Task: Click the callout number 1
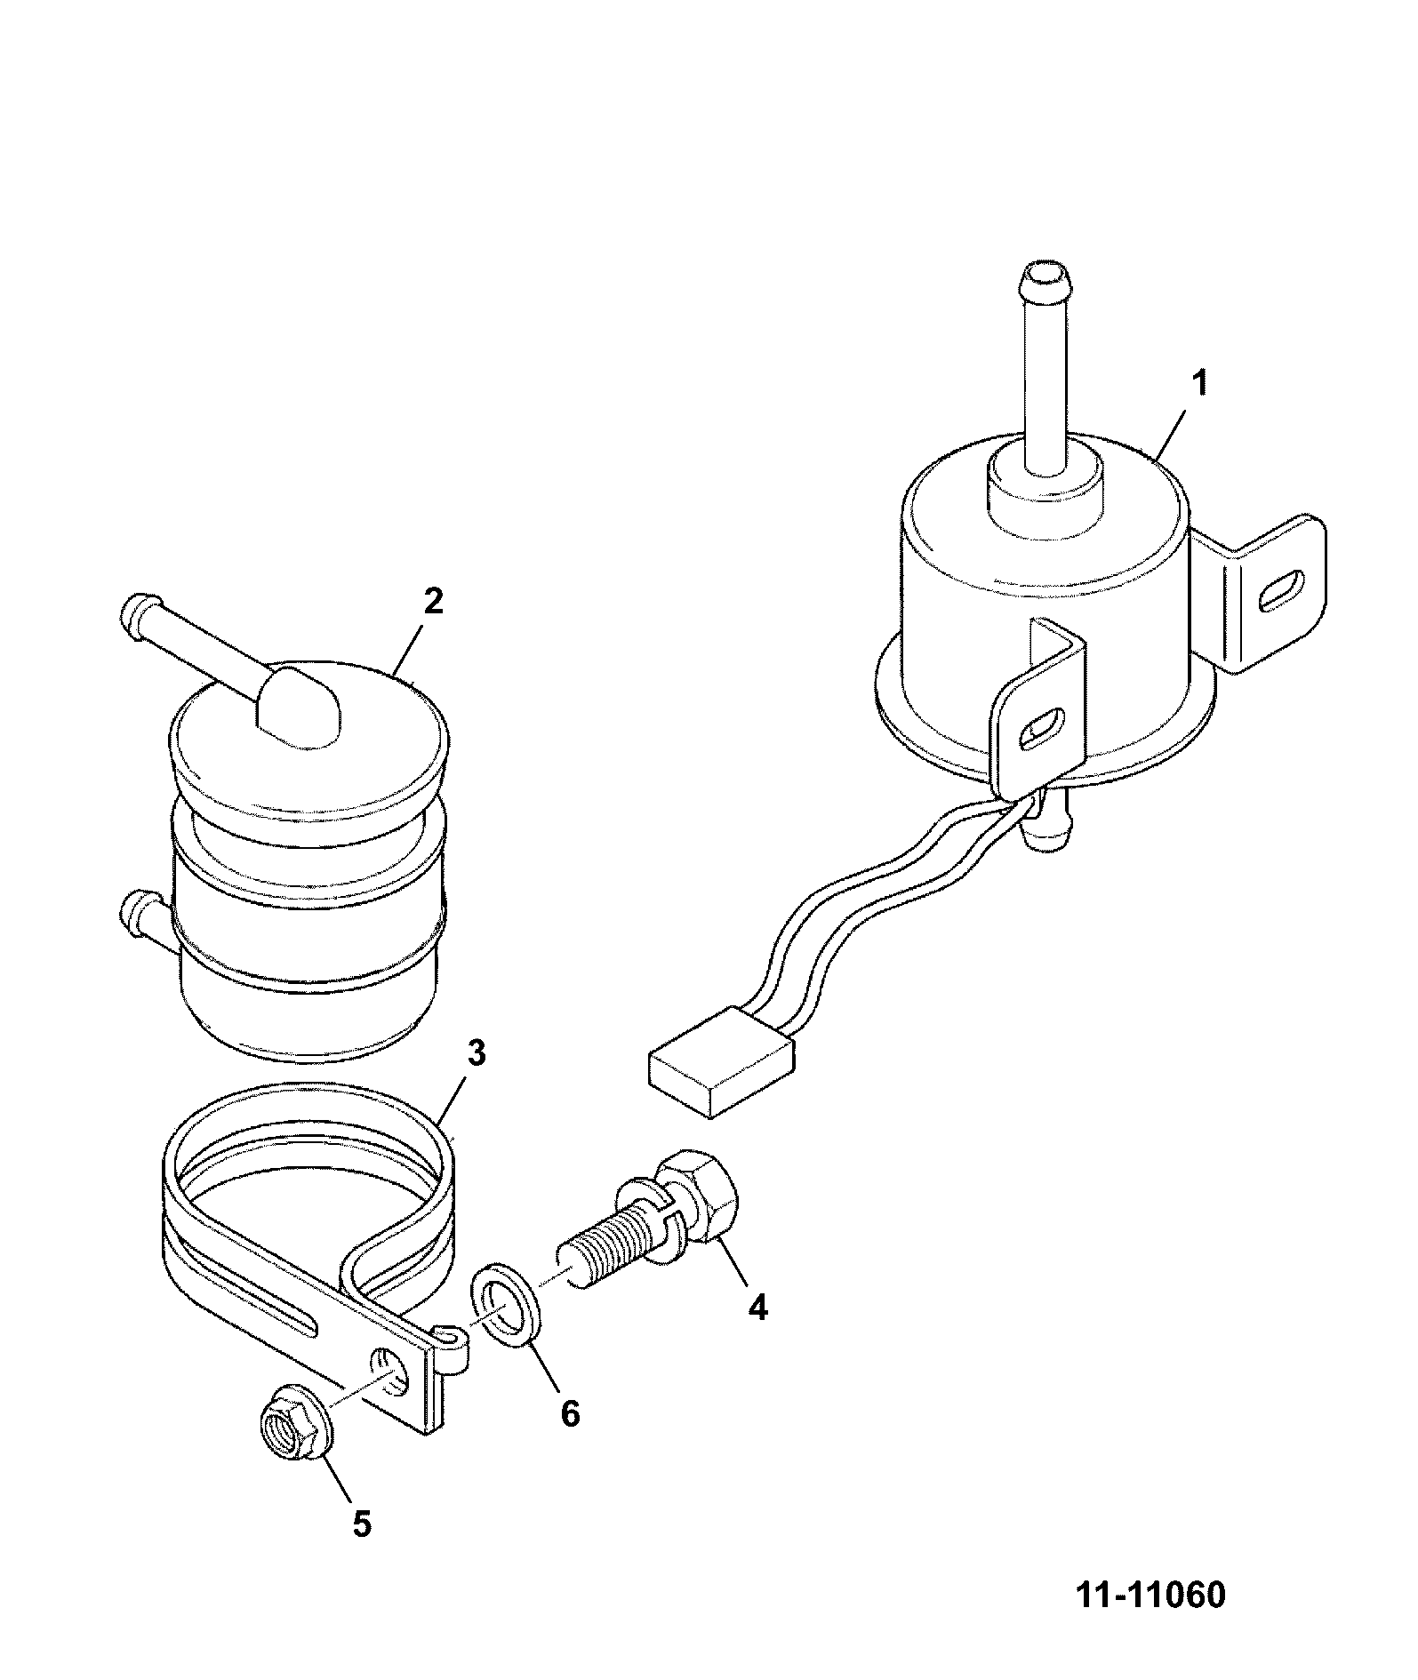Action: (1200, 385)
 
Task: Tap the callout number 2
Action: (432, 602)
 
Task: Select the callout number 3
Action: (476, 1054)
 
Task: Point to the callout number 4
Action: (757, 1307)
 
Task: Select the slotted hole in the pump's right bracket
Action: (1281, 589)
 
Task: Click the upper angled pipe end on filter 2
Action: (136, 614)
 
